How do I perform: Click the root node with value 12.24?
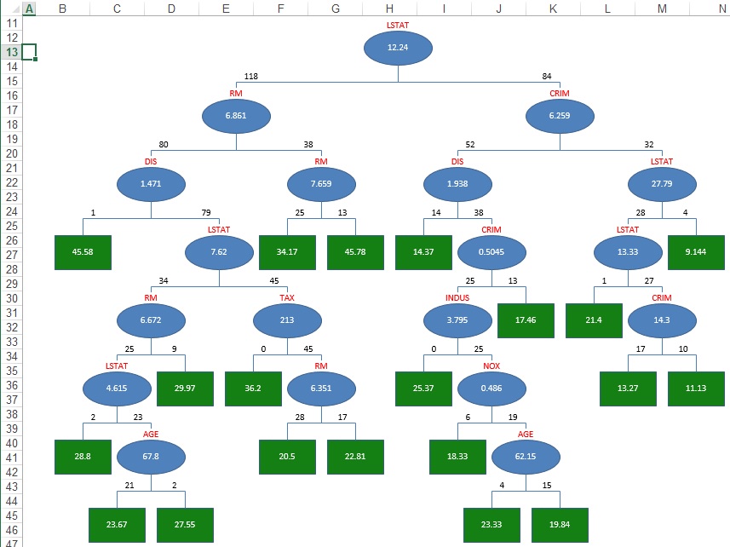click(398, 48)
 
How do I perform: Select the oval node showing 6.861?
click(236, 116)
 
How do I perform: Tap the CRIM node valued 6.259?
click(560, 116)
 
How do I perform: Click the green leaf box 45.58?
click(83, 252)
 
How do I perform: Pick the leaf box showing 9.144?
click(696, 252)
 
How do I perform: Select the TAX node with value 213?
click(287, 320)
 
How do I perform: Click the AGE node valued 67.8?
click(151, 457)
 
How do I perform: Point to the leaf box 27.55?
click(185, 525)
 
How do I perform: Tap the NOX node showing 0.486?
click(491, 389)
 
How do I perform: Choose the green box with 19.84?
click(560, 525)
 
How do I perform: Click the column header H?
click(388, 9)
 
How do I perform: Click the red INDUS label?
click(457, 298)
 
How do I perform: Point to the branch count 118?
click(251, 77)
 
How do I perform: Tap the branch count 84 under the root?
click(547, 77)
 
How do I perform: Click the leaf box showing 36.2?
click(253, 389)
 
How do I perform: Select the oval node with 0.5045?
click(491, 252)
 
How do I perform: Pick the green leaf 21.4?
click(594, 320)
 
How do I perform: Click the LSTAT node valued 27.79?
click(662, 184)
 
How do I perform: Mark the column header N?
click(721, 9)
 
